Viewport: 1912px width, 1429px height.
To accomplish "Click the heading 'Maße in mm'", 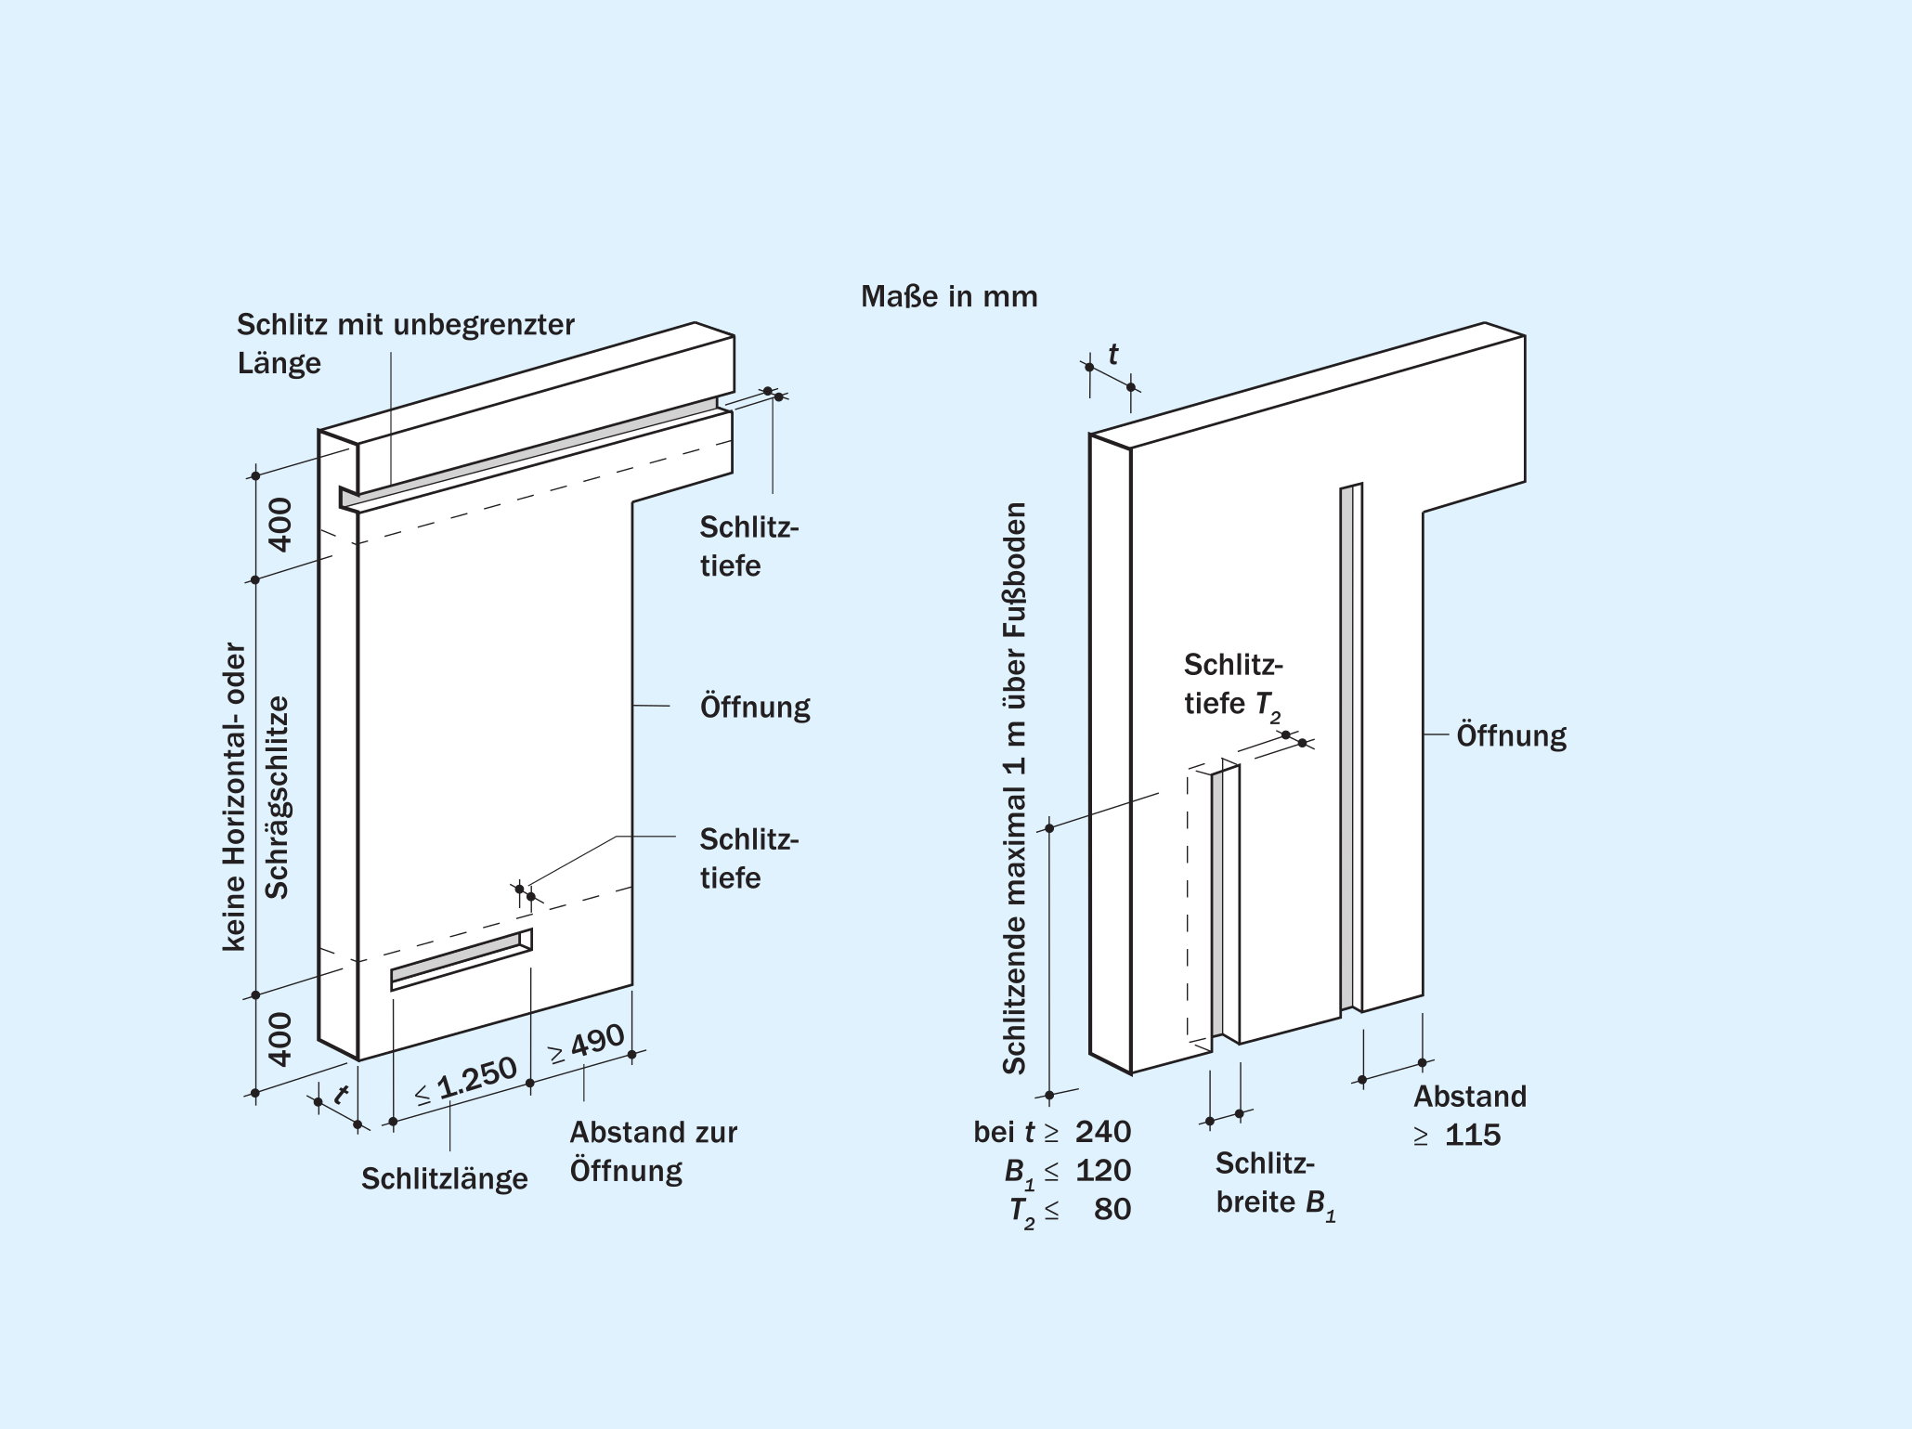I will point(948,297).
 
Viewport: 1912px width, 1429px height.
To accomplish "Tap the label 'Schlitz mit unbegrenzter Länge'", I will point(405,343).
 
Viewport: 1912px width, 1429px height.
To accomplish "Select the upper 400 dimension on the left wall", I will point(280,525).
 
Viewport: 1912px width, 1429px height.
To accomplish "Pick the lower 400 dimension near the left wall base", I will point(280,1039).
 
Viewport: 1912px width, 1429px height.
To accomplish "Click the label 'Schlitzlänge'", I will point(444,1179).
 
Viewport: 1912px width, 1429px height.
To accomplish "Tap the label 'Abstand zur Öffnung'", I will point(653,1151).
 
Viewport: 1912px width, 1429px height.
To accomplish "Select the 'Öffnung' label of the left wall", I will point(754,708).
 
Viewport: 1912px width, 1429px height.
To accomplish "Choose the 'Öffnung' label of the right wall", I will point(1511,736).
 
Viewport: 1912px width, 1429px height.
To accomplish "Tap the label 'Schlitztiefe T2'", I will point(1233,685).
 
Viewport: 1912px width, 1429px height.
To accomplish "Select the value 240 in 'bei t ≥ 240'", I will point(1103,1132).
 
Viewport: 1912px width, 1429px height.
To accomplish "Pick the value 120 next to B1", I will point(1103,1171).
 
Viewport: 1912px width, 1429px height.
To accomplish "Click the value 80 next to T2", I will point(1112,1210).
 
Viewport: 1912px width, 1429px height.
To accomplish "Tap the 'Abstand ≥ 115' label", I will point(1469,1116).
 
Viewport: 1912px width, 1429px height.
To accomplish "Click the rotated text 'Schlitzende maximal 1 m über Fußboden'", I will point(1015,789).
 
